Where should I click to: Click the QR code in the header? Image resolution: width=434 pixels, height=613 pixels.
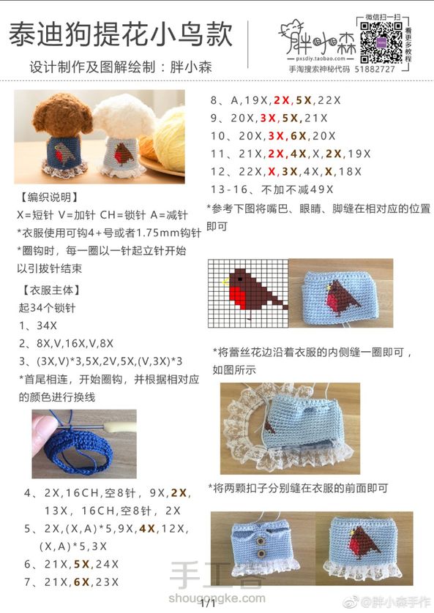[381, 42]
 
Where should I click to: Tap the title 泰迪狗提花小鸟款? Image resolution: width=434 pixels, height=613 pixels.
[121, 34]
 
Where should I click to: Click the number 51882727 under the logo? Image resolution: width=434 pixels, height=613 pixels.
[375, 69]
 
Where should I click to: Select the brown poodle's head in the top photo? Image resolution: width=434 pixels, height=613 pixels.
[61, 116]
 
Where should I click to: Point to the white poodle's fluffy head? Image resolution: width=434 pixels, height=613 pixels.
[124, 116]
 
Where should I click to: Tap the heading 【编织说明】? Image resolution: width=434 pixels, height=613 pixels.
[49, 197]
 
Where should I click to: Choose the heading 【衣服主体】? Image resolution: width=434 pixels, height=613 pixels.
[50, 290]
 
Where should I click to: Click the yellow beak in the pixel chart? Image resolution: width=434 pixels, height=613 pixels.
[225, 282]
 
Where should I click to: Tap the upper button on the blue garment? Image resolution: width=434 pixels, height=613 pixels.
[259, 541]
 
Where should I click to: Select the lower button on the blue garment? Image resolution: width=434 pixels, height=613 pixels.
[260, 554]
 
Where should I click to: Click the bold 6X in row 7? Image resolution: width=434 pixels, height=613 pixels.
[82, 582]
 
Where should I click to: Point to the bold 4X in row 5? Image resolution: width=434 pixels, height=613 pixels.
[147, 529]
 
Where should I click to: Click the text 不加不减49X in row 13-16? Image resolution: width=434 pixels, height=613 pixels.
[297, 189]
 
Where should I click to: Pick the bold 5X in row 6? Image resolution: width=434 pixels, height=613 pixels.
[82, 564]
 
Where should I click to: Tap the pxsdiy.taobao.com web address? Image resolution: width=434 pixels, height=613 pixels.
[321, 59]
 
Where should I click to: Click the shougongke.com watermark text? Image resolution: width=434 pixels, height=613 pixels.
[217, 598]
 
